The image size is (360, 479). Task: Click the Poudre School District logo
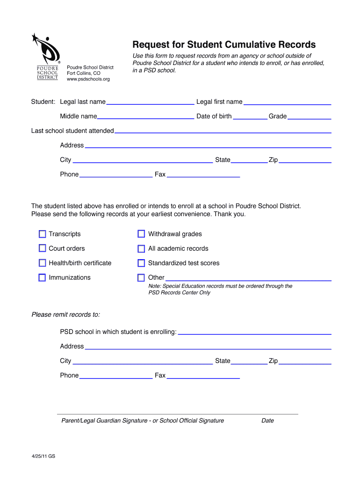pyautogui.click(x=47, y=56)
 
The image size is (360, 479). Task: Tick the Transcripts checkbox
pyautogui.click(x=43, y=234)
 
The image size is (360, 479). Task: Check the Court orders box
pyautogui.click(x=43, y=248)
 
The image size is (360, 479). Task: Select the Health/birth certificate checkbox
pyautogui.click(x=43, y=263)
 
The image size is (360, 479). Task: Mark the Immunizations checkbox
pyautogui.click(x=43, y=277)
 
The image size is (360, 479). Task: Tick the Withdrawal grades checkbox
pyautogui.click(x=141, y=234)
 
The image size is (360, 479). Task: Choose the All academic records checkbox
pyautogui.click(x=141, y=249)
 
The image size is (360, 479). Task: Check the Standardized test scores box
pyautogui.click(x=141, y=263)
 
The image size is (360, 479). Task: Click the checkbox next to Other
pyautogui.click(x=141, y=278)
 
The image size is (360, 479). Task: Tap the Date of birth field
pyautogui.click(x=250, y=116)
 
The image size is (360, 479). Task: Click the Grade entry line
pyautogui.click(x=309, y=116)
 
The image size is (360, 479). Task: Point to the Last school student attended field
pyautogui.click(x=223, y=131)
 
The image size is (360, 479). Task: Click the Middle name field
pyautogui.click(x=145, y=116)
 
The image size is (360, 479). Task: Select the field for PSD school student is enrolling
pyautogui.click(x=255, y=332)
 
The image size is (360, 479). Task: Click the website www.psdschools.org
pyautogui.click(x=88, y=79)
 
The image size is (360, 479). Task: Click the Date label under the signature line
pyautogui.click(x=267, y=421)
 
